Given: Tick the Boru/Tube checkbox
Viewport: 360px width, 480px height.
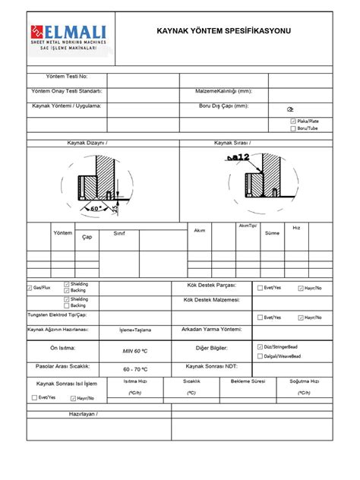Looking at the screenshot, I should tap(294, 129).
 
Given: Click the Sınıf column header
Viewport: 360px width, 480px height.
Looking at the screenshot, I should tap(119, 233).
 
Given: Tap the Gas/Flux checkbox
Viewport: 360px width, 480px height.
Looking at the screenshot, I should tap(29, 289).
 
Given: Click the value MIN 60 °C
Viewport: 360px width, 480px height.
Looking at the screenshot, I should tap(137, 352).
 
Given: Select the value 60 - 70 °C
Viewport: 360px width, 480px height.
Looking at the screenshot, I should tap(137, 368).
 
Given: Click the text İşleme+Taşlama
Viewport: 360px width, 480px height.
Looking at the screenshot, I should tap(137, 330).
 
